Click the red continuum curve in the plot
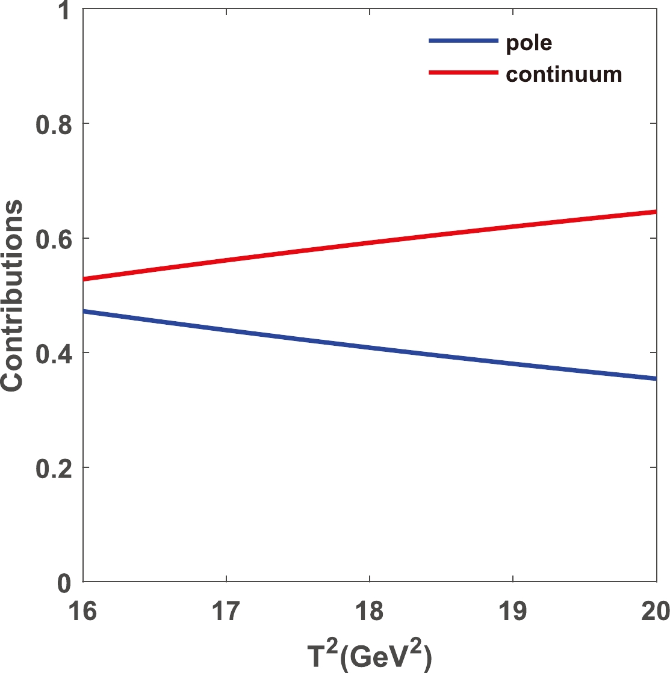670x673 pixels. point(369,243)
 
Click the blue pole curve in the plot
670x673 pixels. point(369,348)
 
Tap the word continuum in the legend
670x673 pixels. point(563,74)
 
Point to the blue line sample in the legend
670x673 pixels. point(464,41)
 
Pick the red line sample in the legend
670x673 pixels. point(464,73)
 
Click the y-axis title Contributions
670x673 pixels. point(13,296)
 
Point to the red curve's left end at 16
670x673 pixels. point(85,279)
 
